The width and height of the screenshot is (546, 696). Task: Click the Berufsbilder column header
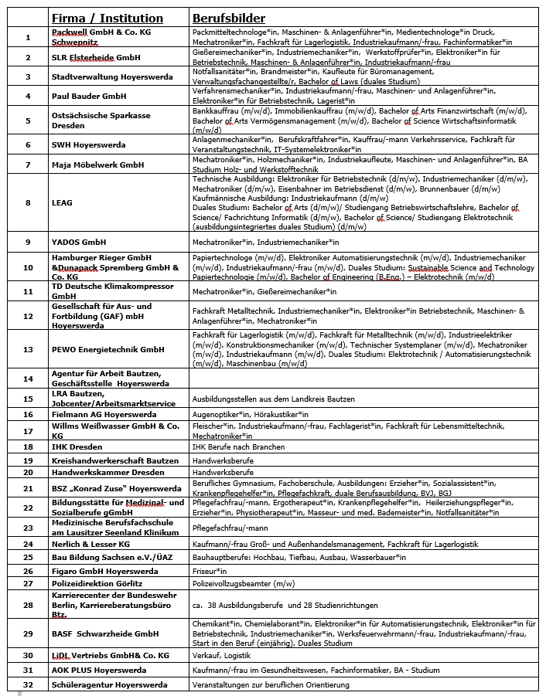(228, 18)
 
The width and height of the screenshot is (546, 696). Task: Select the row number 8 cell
(28, 202)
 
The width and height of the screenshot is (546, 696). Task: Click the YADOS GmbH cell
(79, 242)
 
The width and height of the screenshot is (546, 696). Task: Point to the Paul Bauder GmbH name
(88, 96)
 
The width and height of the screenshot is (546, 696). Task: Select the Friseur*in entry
(210, 571)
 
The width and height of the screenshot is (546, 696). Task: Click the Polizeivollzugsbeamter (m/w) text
(244, 584)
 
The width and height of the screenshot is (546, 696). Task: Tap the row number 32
(28, 684)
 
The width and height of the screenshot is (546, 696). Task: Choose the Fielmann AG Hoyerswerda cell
(104, 414)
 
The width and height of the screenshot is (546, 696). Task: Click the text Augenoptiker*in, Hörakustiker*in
(244, 414)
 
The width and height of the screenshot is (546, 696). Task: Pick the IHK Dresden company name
(77, 446)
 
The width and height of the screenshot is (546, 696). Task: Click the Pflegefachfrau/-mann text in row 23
(230, 528)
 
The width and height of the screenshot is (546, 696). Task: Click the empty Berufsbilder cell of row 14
(363, 379)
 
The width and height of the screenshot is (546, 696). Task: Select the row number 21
(28, 488)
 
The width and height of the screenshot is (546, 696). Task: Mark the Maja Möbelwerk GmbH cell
(97, 165)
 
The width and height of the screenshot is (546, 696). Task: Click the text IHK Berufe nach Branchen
(238, 446)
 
